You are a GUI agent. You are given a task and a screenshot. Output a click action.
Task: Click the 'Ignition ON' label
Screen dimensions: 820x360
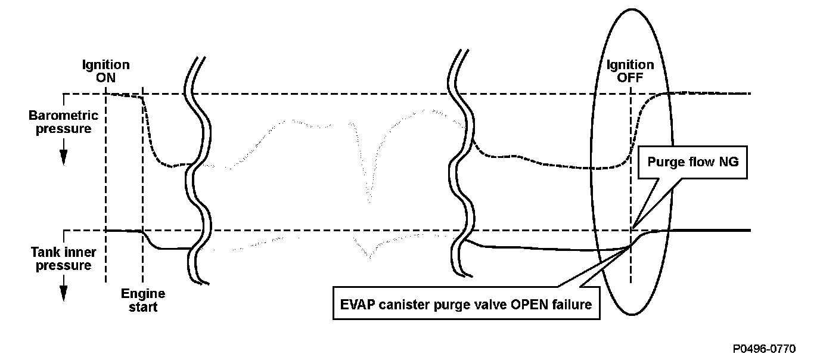(x=105, y=71)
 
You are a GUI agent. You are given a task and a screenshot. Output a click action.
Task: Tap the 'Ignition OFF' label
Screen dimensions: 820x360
(x=630, y=71)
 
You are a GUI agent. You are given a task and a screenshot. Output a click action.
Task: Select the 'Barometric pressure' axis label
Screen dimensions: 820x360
(x=63, y=122)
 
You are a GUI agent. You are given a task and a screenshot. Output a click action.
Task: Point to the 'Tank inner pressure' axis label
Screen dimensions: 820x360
(x=63, y=259)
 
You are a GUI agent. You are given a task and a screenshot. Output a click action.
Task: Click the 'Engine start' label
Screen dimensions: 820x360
(x=143, y=300)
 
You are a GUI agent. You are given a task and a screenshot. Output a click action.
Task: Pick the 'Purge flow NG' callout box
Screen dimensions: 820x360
(x=692, y=162)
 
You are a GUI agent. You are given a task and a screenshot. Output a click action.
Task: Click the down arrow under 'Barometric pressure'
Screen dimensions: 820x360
(x=63, y=156)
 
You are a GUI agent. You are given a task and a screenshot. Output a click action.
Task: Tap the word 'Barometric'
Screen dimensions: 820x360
(x=63, y=116)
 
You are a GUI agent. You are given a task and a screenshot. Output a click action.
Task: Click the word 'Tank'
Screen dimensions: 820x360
(x=45, y=253)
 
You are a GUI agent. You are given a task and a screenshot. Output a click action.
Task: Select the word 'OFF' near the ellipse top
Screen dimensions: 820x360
(x=630, y=77)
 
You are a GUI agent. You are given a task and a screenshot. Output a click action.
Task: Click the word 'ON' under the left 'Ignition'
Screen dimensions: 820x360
(x=105, y=77)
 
